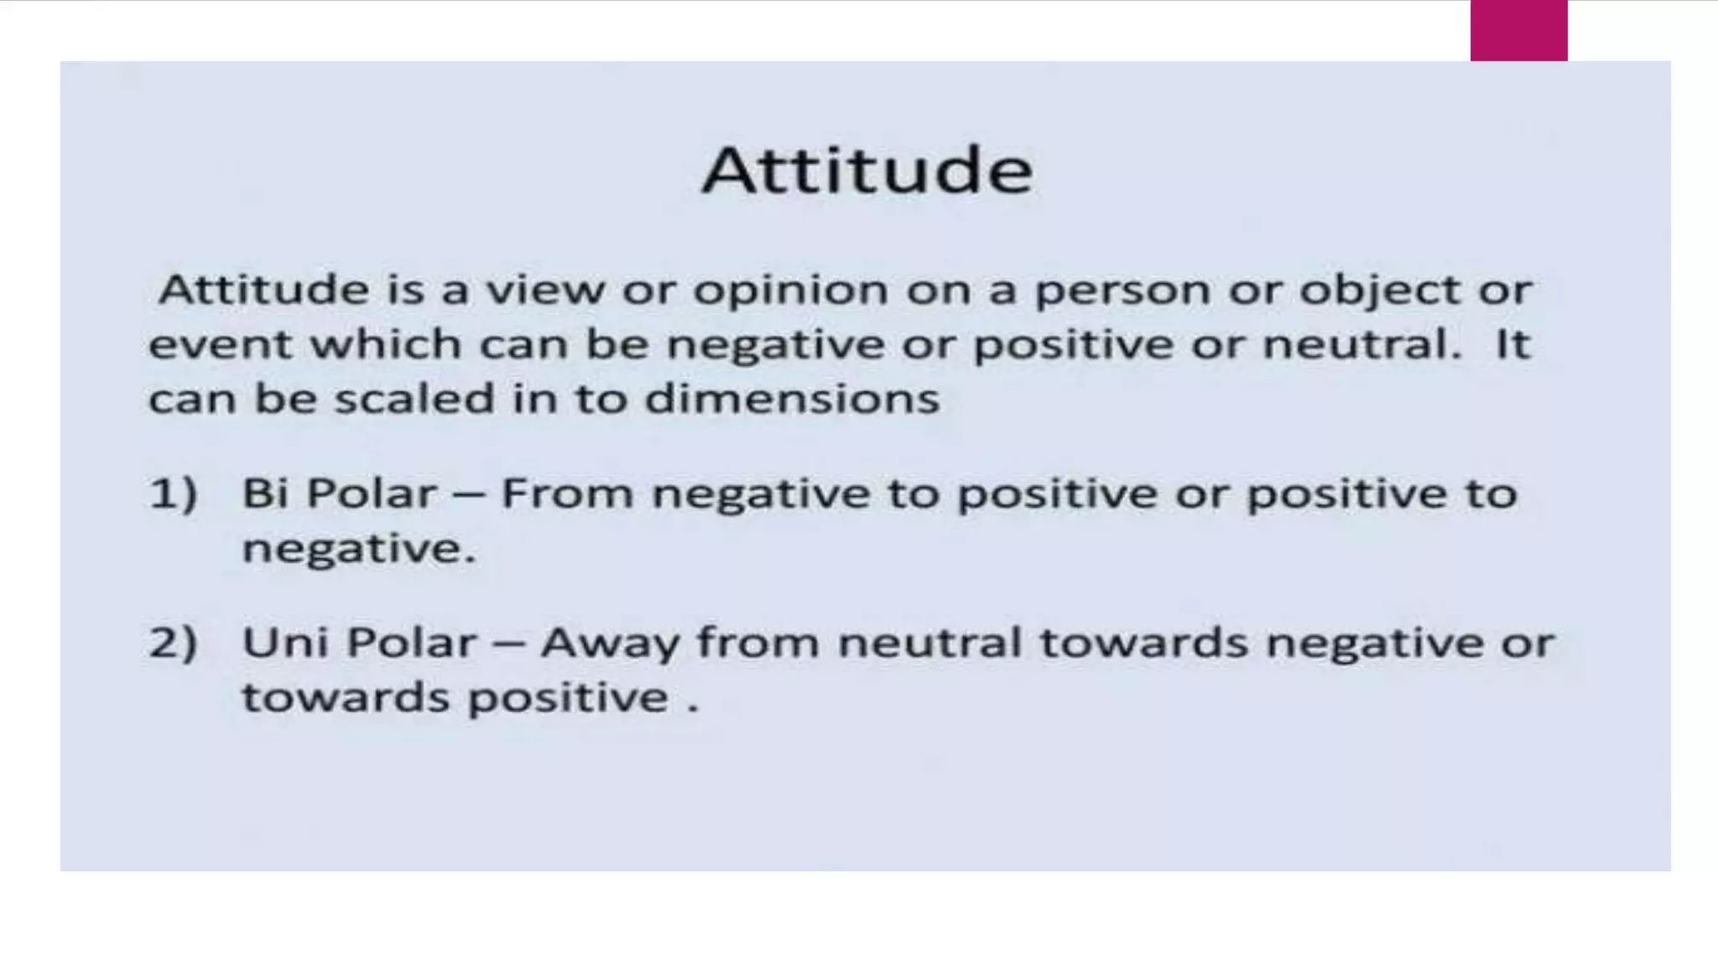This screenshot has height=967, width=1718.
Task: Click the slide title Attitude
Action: [x=867, y=170]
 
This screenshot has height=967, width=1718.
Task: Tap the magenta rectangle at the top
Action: [x=1518, y=30]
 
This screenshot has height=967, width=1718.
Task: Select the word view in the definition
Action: [x=545, y=290]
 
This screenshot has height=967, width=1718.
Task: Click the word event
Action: [x=221, y=345]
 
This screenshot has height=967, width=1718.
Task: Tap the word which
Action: [x=386, y=345]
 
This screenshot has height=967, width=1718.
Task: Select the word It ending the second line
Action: [x=1512, y=345]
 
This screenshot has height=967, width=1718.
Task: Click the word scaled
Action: [x=414, y=399]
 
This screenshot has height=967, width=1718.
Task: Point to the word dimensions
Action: [x=792, y=399]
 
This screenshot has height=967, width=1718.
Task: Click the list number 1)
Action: [x=173, y=494]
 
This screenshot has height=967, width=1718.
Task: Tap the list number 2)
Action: [x=173, y=644]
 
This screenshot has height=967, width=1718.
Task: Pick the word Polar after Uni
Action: [x=411, y=644]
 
